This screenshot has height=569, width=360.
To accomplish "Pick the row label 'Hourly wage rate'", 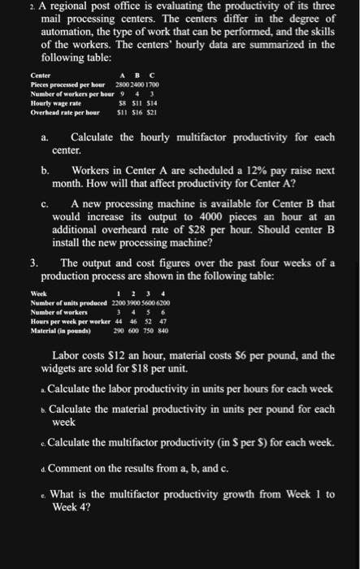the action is pyautogui.click(x=46, y=103).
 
